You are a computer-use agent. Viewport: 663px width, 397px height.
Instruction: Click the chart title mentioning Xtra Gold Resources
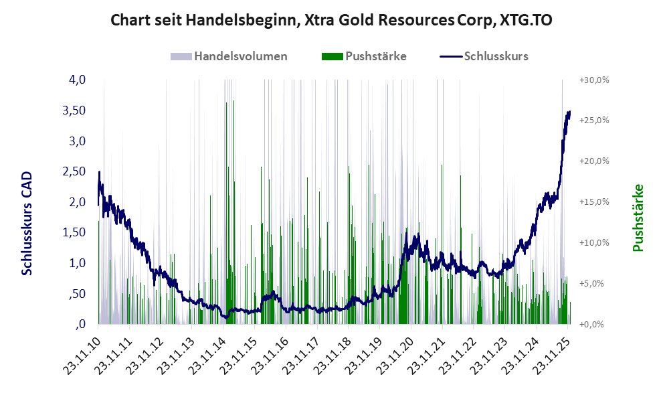click(330, 20)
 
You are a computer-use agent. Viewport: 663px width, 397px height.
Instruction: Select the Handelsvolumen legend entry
click(229, 56)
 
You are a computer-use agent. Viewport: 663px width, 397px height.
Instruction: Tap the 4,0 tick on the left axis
click(77, 80)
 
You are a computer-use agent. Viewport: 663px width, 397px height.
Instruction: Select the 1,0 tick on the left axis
click(77, 263)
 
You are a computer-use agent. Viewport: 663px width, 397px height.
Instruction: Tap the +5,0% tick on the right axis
click(595, 284)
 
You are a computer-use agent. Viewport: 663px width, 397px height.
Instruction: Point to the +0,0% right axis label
click(595, 325)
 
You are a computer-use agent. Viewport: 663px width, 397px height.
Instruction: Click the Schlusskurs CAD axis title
click(27, 222)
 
